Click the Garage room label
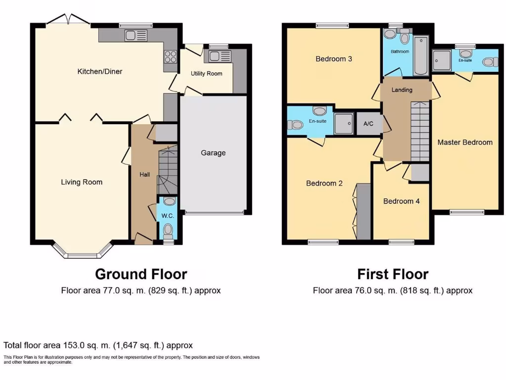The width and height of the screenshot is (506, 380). click(213, 153)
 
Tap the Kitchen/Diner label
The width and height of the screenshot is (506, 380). click(100, 72)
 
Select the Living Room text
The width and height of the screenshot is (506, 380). click(82, 182)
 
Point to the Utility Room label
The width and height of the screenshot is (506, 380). click(207, 74)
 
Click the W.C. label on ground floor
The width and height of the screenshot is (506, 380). click(169, 216)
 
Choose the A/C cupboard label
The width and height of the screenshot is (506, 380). click(368, 124)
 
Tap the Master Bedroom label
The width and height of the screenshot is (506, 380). click(465, 142)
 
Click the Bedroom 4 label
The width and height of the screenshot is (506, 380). click(401, 201)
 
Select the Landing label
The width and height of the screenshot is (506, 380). click(402, 90)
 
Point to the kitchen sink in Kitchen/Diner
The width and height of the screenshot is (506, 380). click(136, 35)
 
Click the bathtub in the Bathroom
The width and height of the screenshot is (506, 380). click(421, 56)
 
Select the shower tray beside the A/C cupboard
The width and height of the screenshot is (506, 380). click(343, 123)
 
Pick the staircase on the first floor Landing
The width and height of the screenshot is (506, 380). click(420, 131)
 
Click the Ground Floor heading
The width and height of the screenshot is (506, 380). click(141, 274)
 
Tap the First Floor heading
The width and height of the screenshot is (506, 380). click(393, 274)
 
